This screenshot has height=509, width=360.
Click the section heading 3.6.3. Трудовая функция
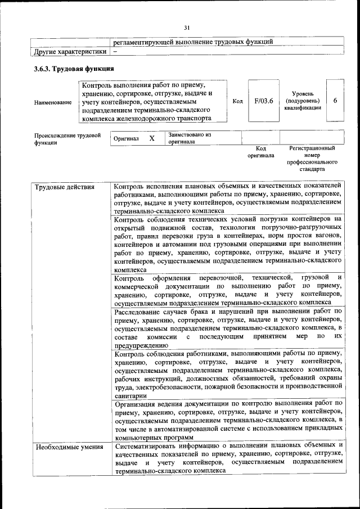click(x=74, y=69)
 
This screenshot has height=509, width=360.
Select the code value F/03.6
click(x=263, y=101)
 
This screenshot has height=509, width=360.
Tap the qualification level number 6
click(x=335, y=101)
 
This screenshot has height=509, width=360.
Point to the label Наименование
click(x=53, y=102)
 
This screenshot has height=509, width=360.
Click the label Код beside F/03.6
click(x=237, y=101)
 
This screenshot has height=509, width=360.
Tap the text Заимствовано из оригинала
click(x=189, y=138)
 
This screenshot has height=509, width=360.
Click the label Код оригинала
click(x=260, y=152)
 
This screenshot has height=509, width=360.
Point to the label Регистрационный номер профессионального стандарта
click(x=312, y=158)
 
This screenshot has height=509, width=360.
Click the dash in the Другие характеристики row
click(x=115, y=51)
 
